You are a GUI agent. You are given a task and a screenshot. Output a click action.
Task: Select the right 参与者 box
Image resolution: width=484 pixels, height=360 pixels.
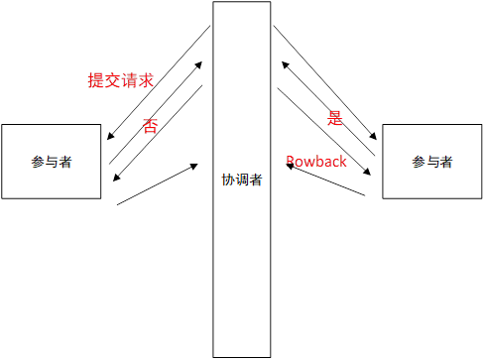432,162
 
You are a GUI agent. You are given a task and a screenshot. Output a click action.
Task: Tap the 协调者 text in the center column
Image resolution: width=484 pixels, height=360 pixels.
242,181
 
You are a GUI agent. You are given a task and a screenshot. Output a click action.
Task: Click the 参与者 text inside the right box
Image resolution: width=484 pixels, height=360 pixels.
432,162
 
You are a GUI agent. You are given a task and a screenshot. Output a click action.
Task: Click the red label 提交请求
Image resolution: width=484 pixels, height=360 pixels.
120,80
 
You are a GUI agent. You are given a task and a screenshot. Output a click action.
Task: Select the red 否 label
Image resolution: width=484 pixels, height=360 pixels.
150,125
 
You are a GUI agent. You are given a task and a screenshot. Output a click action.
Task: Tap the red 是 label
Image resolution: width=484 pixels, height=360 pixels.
335,118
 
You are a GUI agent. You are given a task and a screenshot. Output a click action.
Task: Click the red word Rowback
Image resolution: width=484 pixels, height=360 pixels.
316,161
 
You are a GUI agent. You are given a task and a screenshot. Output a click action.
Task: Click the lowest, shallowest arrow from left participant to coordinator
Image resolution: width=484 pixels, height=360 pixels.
157,184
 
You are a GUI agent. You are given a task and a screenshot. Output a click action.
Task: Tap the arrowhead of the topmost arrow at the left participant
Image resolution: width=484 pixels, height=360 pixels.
109,138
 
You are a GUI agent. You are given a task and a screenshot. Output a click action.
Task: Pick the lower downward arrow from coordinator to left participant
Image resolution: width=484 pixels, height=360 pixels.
159,132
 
